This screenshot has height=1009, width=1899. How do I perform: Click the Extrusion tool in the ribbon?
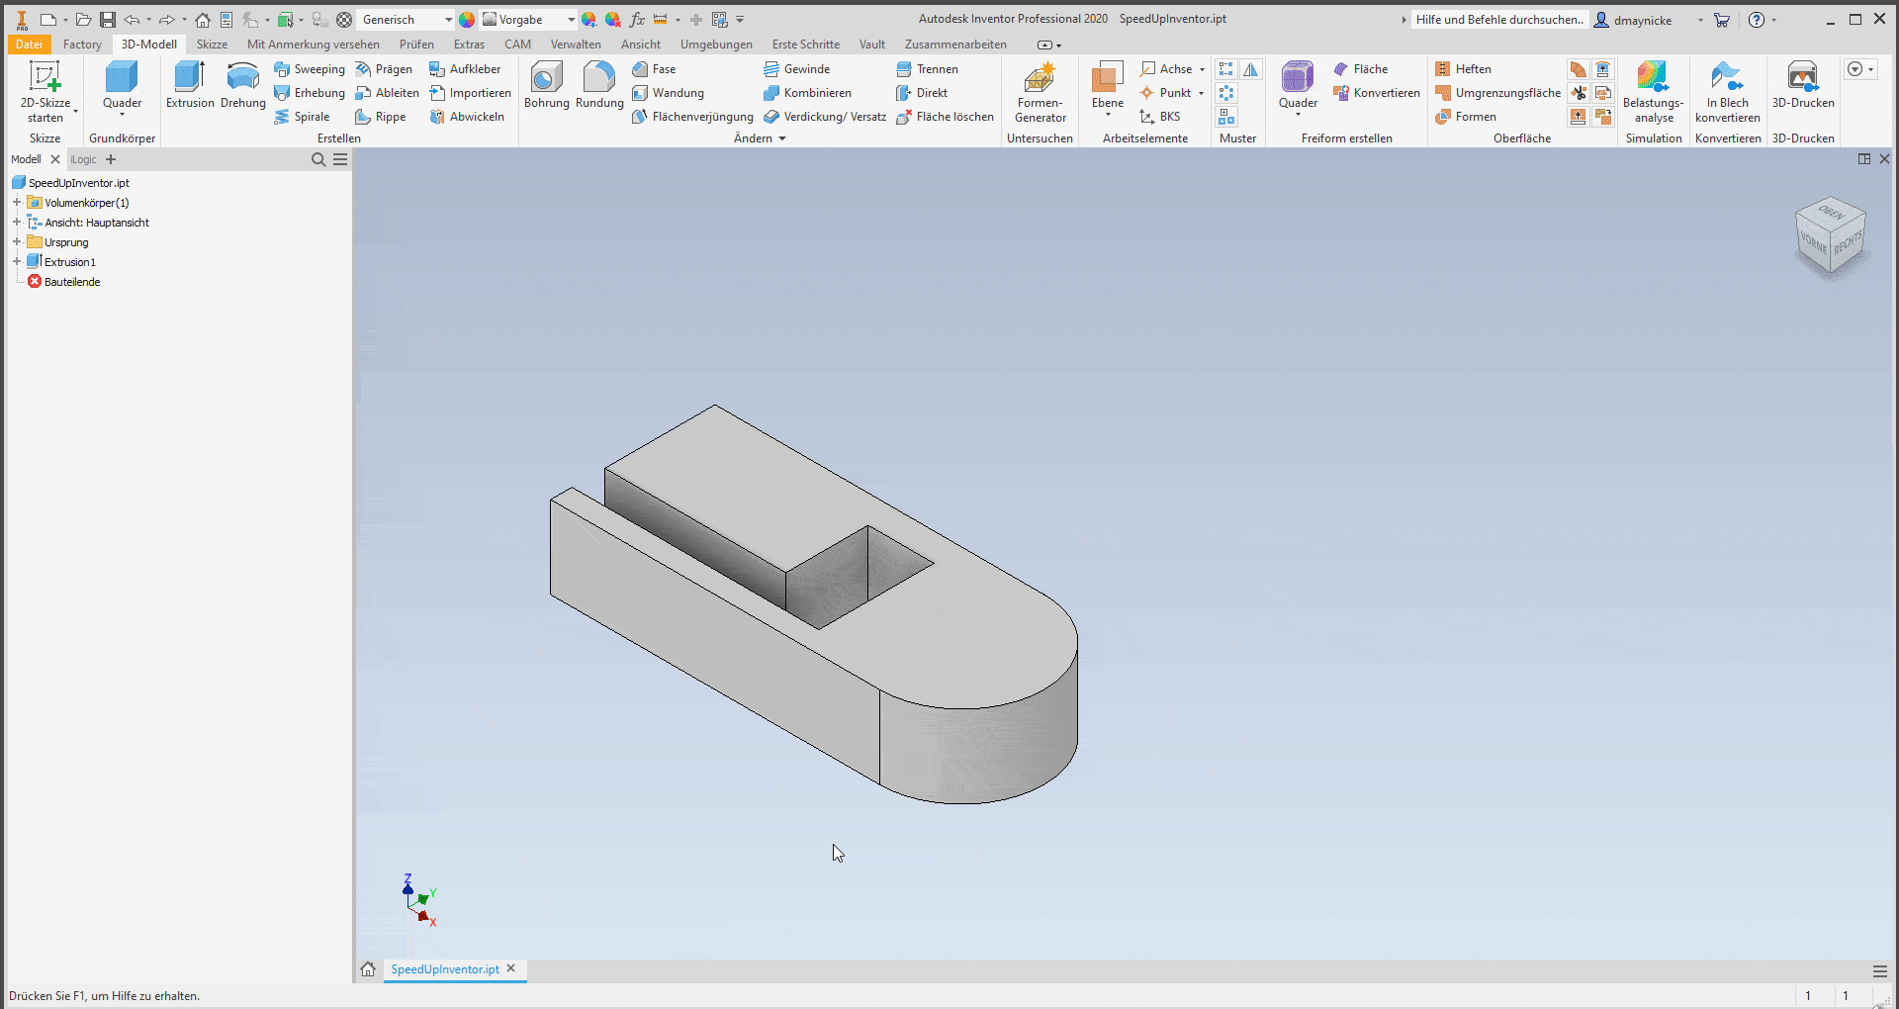pos(189,84)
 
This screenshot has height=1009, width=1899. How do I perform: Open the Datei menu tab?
pos(29,45)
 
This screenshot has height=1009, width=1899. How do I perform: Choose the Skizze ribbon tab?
pos(212,45)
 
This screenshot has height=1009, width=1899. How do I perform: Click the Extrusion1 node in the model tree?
pos(69,262)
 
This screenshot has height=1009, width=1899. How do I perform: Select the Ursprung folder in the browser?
pos(65,242)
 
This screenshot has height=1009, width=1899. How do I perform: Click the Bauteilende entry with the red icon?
pos(71,282)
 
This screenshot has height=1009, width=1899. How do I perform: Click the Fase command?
pos(663,69)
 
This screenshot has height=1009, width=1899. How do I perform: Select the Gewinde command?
pos(805,69)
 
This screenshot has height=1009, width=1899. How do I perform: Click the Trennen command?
pos(936,69)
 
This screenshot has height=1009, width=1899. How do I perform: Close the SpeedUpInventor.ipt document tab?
pos(511,968)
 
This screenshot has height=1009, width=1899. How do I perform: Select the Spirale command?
pos(311,117)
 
